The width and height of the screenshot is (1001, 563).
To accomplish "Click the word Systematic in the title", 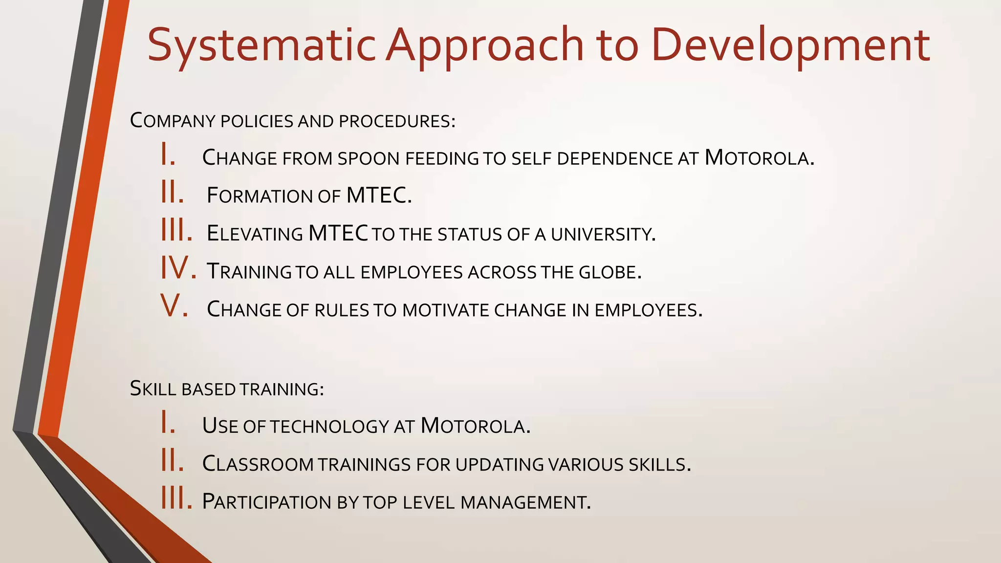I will pyautogui.click(x=261, y=45).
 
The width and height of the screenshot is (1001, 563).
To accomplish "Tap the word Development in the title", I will pyautogui.click(x=790, y=45).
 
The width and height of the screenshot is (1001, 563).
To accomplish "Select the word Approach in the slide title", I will pyautogui.click(x=484, y=45).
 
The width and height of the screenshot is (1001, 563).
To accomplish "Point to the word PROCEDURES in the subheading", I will pyautogui.click(x=396, y=121).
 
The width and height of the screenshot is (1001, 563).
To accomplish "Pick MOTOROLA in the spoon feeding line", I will pyautogui.click(x=759, y=158).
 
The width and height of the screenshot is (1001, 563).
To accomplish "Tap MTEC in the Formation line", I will pyautogui.click(x=378, y=195).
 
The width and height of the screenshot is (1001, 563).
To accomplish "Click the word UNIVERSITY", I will pyautogui.click(x=603, y=234).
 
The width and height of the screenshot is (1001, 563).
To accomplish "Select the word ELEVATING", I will pyautogui.click(x=255, y=234).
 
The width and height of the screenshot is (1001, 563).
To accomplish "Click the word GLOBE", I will pyautogui.click(x=609, y=272).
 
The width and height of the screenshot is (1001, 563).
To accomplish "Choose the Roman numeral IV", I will pyautogui.click(x=178, y=269).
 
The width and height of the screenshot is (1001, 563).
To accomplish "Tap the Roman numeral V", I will pyautogui.click(x=174, y=306).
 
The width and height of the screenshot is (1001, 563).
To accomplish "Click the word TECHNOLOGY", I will pyautogui.click(x=329, y=426).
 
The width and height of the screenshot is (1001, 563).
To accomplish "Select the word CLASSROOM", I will pyautogui.click(x=258, y=464).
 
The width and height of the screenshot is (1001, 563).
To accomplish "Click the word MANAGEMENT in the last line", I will pyautogui.click(x=525, y=502).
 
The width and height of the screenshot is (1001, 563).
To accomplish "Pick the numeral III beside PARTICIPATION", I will pyautogui.click(x=176, y=499).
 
